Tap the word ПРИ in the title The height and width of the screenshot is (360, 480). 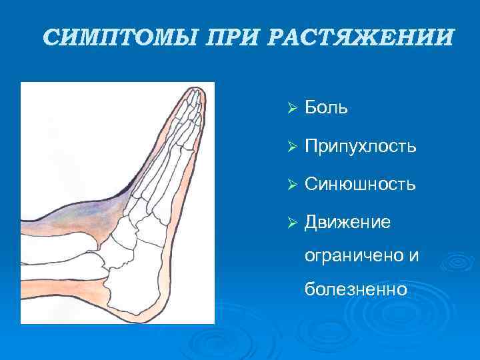pyautogui.click(x=233, y=37)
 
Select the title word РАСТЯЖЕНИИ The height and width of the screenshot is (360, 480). pyautogui.click(x=360, y=37)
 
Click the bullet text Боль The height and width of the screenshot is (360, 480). pyautogui.click(x=325, y=108)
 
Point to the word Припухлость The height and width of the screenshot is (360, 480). pyautogui.click(x=360, y=146)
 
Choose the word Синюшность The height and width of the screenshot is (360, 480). pyautogui.click(x=360, y=184)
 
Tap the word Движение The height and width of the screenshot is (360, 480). pyautogui.click(x=347, y=221)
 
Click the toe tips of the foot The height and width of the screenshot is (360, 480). pyautogui.click(x=193, y=97)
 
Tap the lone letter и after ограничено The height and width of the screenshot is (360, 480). pyautogui.click(x=413, y=255)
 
